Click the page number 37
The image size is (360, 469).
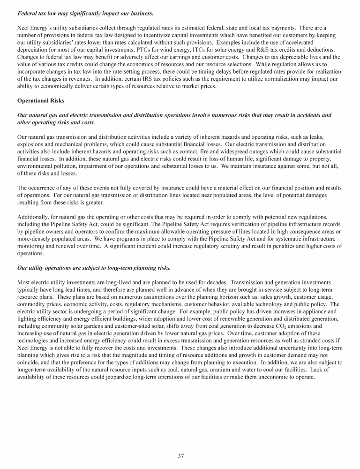click(x=180, y=455)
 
